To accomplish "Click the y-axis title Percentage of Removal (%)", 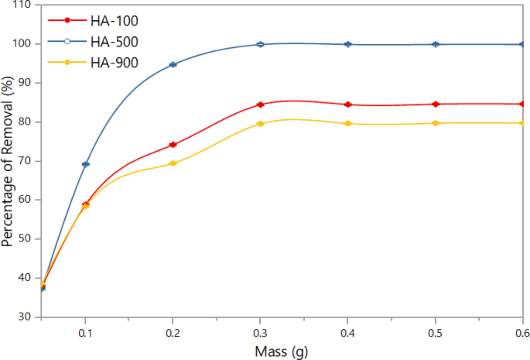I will coord(9,160).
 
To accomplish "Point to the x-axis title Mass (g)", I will coord(282,351).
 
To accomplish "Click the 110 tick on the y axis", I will coord(22,5).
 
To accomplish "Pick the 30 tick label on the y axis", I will coord(25,317).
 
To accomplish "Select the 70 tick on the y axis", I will coord(25,161).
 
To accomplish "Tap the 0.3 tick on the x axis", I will coord(261,331).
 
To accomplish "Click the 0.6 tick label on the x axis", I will coord(521,331).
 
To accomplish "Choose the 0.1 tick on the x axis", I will coord(86,331).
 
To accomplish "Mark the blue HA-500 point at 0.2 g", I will coord(173,64).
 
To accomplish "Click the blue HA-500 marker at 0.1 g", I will coord(86,164).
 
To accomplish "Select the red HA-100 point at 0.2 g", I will coord(173,145).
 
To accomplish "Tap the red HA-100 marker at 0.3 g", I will coord(261,105).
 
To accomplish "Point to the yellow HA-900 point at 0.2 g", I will coord(173,163).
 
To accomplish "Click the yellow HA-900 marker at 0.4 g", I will coord(348,124).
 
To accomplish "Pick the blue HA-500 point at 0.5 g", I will coord(436,44).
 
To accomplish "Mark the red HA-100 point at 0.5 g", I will coord(436,104).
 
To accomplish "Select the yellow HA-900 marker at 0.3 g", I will coord(261,124).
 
